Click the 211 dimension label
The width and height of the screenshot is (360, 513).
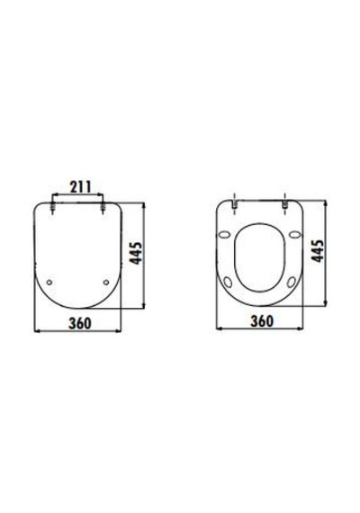coord(81,186)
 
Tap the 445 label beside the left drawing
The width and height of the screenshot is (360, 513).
coord(136,253)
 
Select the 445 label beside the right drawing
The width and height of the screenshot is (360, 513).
coord(317,250)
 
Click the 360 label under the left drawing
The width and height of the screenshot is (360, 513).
coord(79,323)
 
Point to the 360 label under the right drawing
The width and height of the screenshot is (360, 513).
coord(262,321)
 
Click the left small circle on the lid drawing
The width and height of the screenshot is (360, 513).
coord(49,282)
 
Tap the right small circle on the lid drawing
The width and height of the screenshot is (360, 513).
coord(105,282)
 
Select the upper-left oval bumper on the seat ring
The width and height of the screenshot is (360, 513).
coord(224,234)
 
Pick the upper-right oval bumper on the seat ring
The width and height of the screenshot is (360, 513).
coord(295,234)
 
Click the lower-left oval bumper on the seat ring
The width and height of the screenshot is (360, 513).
coord(229,282)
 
